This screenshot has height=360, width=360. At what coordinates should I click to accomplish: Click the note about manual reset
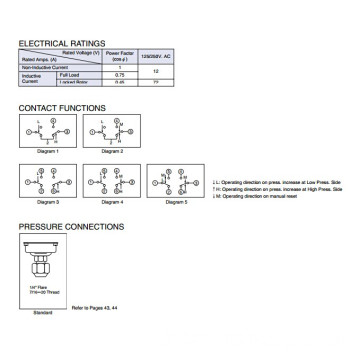point(260,175)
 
